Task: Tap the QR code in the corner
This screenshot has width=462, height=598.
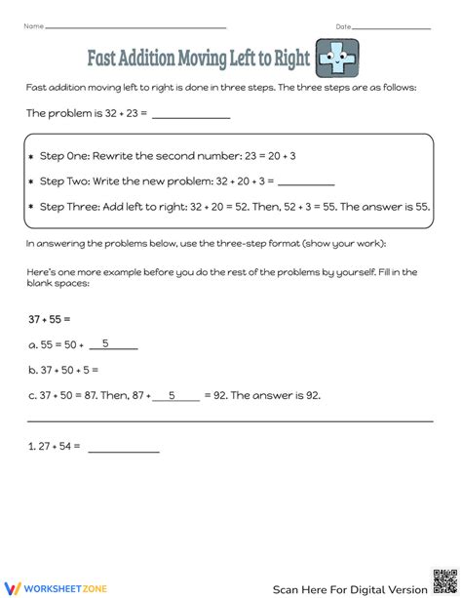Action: (x=443, y=579)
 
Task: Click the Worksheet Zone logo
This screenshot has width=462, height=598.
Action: (x=59, y=587)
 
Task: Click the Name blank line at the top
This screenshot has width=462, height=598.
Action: (x=135, y=27)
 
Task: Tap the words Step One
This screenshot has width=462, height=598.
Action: (x=66, y=157)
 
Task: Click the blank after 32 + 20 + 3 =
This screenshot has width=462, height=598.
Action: (x=306, y=181)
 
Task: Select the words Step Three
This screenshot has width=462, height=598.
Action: (x=70, y=207)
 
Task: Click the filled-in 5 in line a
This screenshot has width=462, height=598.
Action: (x=105, y=343)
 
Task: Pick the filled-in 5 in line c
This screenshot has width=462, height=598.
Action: (x=172, y=395)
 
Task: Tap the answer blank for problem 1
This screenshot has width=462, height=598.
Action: (x=124, y=449)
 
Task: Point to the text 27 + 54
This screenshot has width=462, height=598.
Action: (x=56, y=447)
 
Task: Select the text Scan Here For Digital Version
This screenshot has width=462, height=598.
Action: (x=349, y=588)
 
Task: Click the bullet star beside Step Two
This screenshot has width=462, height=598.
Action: (x=31, y=182)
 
